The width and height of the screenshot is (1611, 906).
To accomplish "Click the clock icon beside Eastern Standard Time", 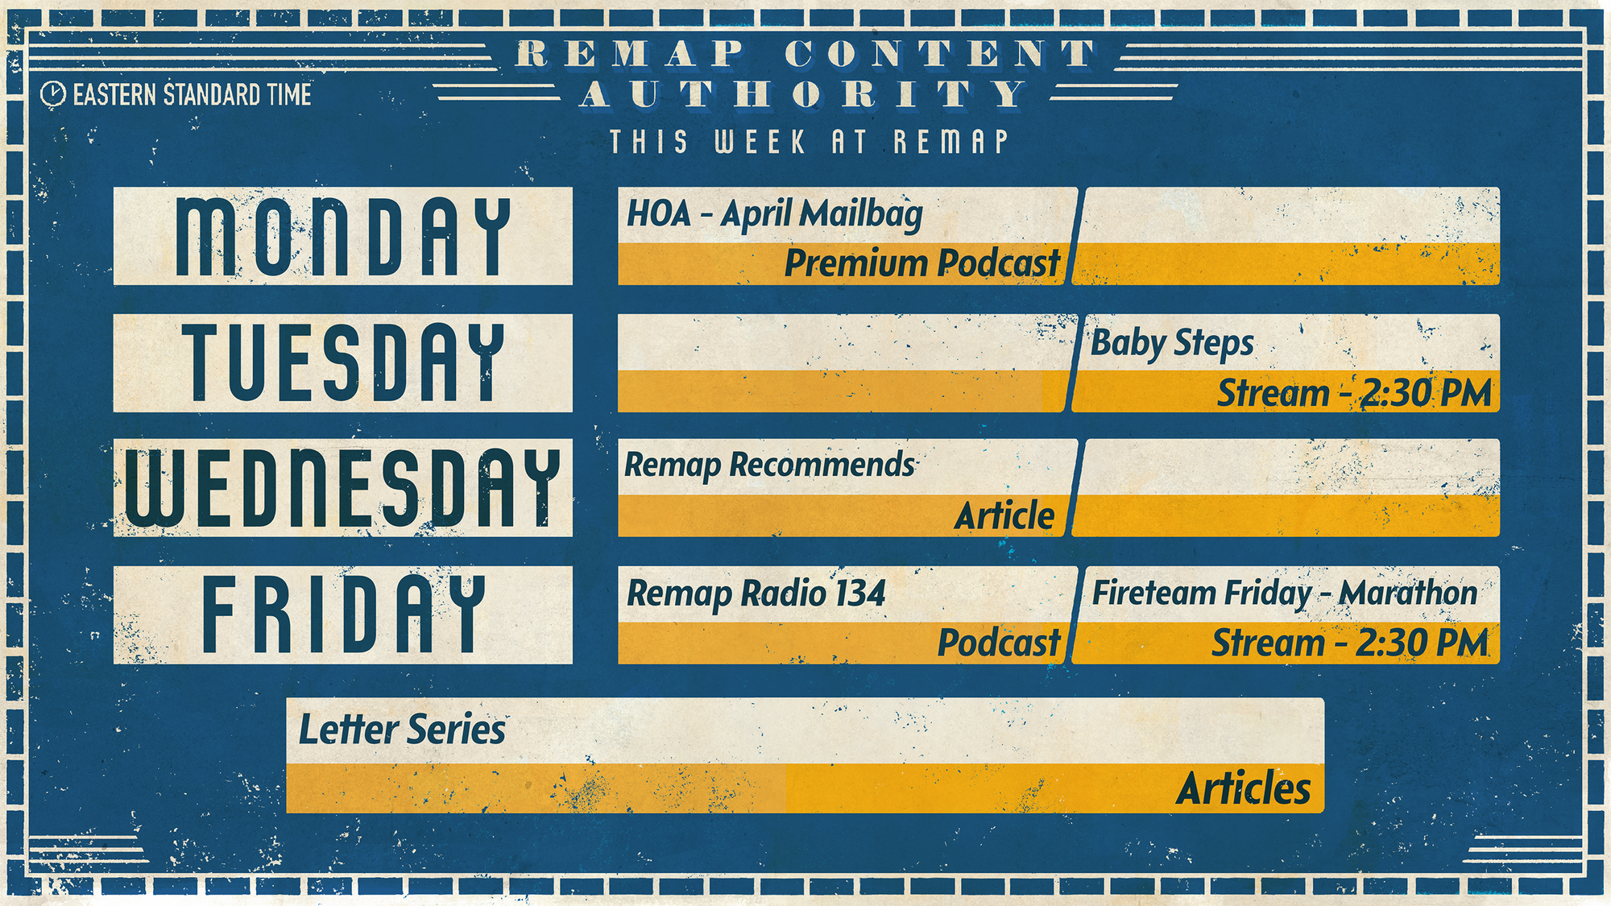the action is coord(53,94).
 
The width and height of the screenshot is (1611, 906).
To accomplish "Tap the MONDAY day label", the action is coord(343,237).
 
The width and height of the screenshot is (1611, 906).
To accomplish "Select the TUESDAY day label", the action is coord(343,362).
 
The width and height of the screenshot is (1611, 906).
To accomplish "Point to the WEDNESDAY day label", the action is coord(343,488).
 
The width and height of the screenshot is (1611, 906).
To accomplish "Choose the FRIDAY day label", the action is coord(343,614).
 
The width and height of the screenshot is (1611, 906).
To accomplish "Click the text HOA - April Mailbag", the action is coord(775,215).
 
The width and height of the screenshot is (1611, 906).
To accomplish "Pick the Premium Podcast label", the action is coord(922,263).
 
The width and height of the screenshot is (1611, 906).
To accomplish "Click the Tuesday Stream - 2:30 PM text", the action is coord(1354,393).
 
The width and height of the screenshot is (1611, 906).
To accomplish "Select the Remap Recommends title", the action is coord(770,465).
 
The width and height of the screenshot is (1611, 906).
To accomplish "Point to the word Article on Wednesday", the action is coord(1004,515).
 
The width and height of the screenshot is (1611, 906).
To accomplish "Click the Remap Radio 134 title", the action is coord(756,594).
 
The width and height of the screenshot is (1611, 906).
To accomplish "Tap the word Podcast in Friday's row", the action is coord(999,643).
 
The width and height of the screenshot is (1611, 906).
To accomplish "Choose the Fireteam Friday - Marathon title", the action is coord(1285,594).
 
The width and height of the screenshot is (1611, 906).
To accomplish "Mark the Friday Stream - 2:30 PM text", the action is coord(1350,643).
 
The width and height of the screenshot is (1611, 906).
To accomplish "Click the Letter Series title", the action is coord(402,730).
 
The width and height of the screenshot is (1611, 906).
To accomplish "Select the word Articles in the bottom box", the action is coord(1244,788).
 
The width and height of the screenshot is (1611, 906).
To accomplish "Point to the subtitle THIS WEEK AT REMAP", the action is coord(809,142).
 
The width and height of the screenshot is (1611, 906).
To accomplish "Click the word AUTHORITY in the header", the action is coord(802,94).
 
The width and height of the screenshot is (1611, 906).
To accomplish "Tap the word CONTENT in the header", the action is coord(941,54).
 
